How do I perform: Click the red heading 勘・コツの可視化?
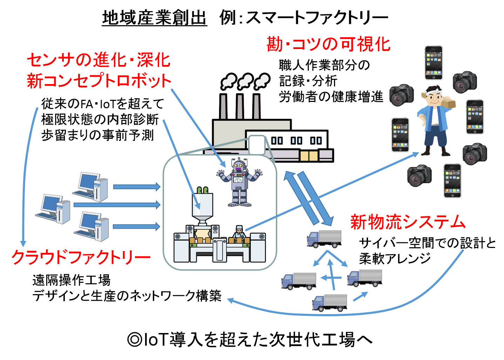coord(328,44)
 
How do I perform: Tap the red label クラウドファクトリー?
coord(81,257)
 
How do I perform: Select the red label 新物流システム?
coord(408,222)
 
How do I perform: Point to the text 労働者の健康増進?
coord(331,97)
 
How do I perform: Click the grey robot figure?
coord(239,182)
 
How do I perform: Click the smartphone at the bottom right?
coord(452,181)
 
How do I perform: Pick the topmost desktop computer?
coord(91,186)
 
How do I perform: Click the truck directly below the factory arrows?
coord(324,239)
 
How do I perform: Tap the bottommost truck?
coord(329,303)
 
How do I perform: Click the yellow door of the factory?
coord(308,156)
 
